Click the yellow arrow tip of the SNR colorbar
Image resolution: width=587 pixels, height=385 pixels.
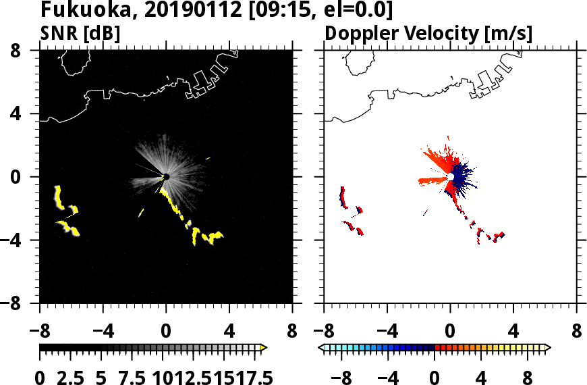pos(264,348)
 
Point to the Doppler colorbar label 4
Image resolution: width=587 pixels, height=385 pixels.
pos(482,377)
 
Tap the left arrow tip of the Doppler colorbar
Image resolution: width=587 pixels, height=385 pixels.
pos(321,348)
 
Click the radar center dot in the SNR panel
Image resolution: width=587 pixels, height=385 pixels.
pos(166,177)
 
